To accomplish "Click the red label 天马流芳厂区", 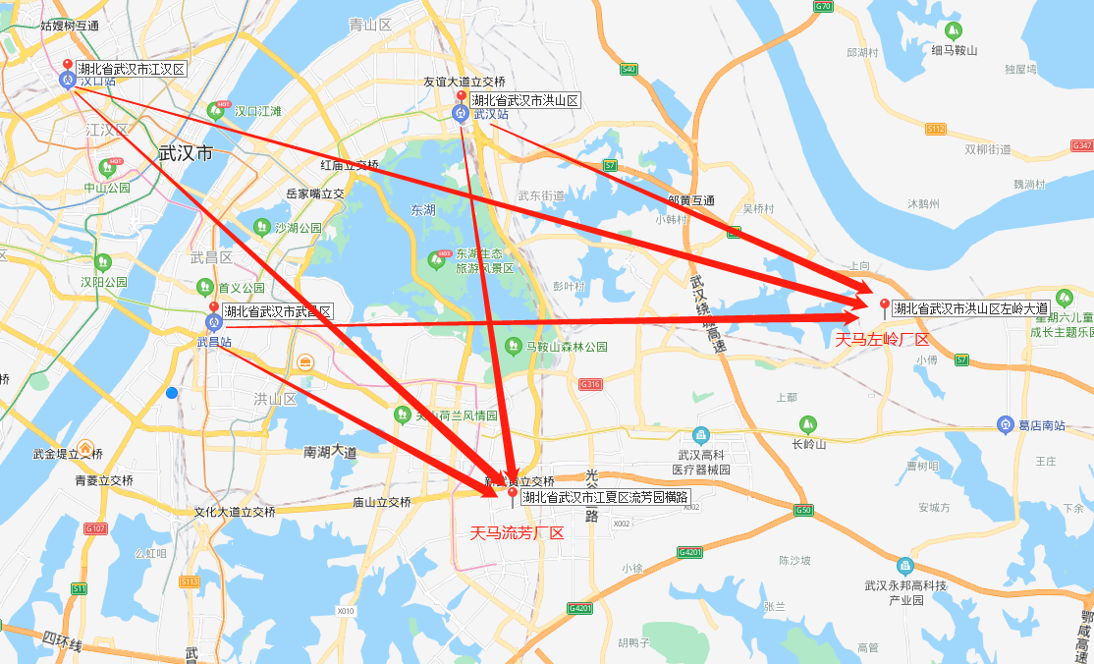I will point(517,533).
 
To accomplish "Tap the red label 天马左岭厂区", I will point(881,340).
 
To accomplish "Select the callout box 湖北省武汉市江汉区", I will point(131,69).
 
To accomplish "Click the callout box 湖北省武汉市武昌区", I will point(278,311).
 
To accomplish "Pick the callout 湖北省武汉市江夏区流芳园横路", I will point(605,497).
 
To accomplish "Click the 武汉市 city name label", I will point(186,153).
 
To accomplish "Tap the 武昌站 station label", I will point(214,343).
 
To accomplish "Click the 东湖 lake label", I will point(423,210).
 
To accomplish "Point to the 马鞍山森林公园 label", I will point(567,347).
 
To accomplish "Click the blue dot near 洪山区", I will point(172,393).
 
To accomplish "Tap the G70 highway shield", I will point(823,7).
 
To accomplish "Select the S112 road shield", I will point(935,129).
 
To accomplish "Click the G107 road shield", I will point(95,529).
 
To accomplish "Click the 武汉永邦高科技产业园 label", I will point(903,592).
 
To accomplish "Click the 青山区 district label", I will point(370,25).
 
